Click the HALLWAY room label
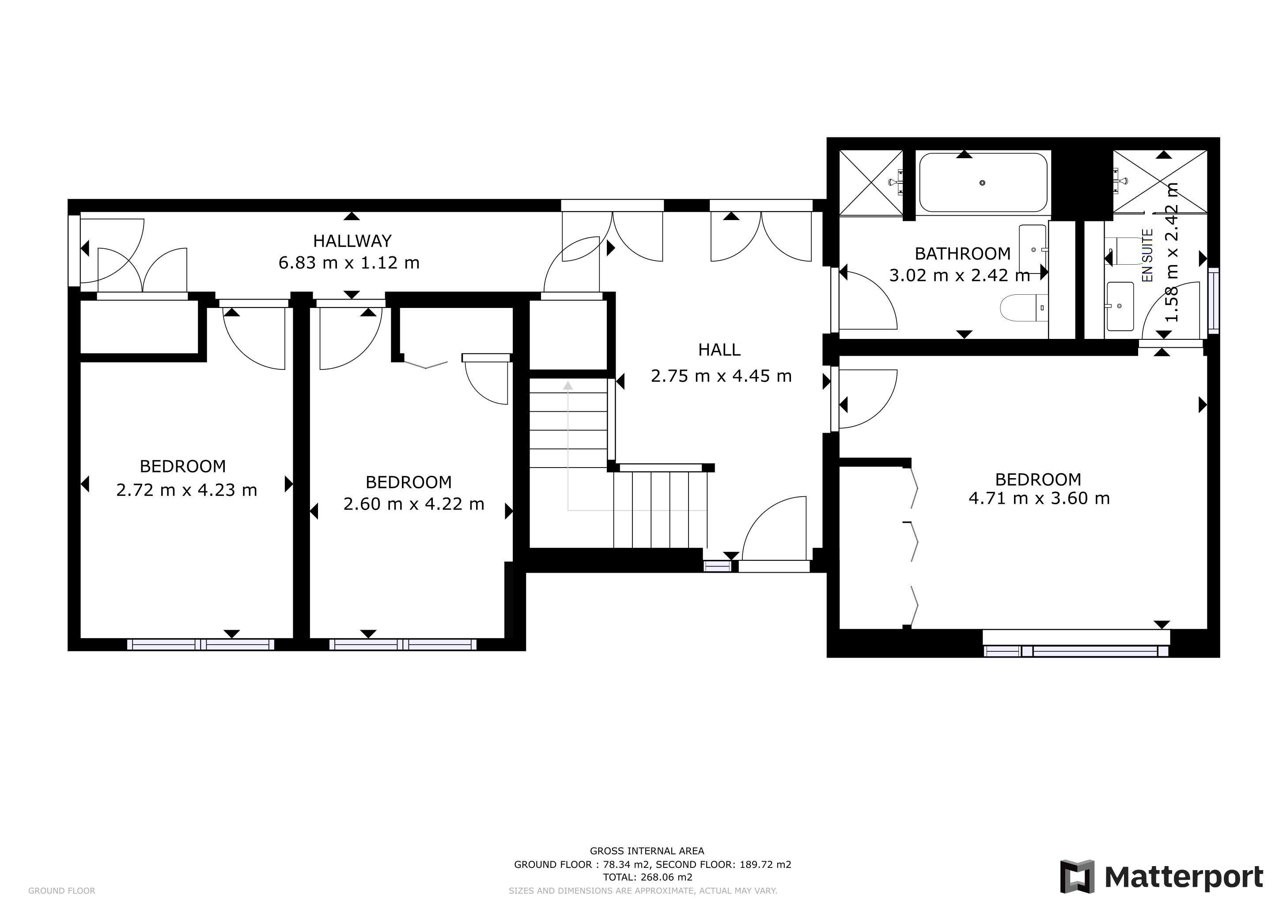[352, 241]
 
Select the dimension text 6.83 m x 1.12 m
[349, 262]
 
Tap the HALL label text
[719, 350]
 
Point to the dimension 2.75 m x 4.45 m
[721, 376]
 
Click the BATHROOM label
[963, 254]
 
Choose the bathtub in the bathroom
[983, 183]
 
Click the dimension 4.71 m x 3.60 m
[1039, 498]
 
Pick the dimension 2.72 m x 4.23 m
[187, 490]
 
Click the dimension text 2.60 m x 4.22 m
[413, 504]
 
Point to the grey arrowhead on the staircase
[568, 385]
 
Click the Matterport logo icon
[1077, 877]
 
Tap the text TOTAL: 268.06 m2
[647, 877]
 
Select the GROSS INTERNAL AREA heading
[647, 851]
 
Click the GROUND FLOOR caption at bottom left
[61, 891]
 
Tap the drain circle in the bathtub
[982, 183]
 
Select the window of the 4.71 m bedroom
[1076, 650]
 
